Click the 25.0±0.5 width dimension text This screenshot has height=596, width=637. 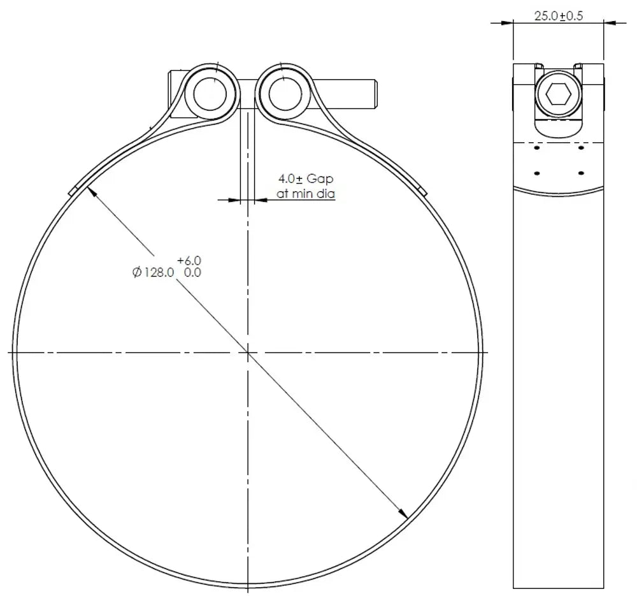558,16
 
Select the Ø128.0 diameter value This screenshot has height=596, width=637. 153,272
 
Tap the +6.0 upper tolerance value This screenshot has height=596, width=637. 189,260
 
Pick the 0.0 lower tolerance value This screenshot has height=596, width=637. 192,272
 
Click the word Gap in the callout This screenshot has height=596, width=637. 320,179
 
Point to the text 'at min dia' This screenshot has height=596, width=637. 306,194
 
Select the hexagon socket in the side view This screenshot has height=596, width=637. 558,94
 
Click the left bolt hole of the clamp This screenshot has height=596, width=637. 210,93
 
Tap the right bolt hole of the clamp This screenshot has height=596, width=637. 285,94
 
